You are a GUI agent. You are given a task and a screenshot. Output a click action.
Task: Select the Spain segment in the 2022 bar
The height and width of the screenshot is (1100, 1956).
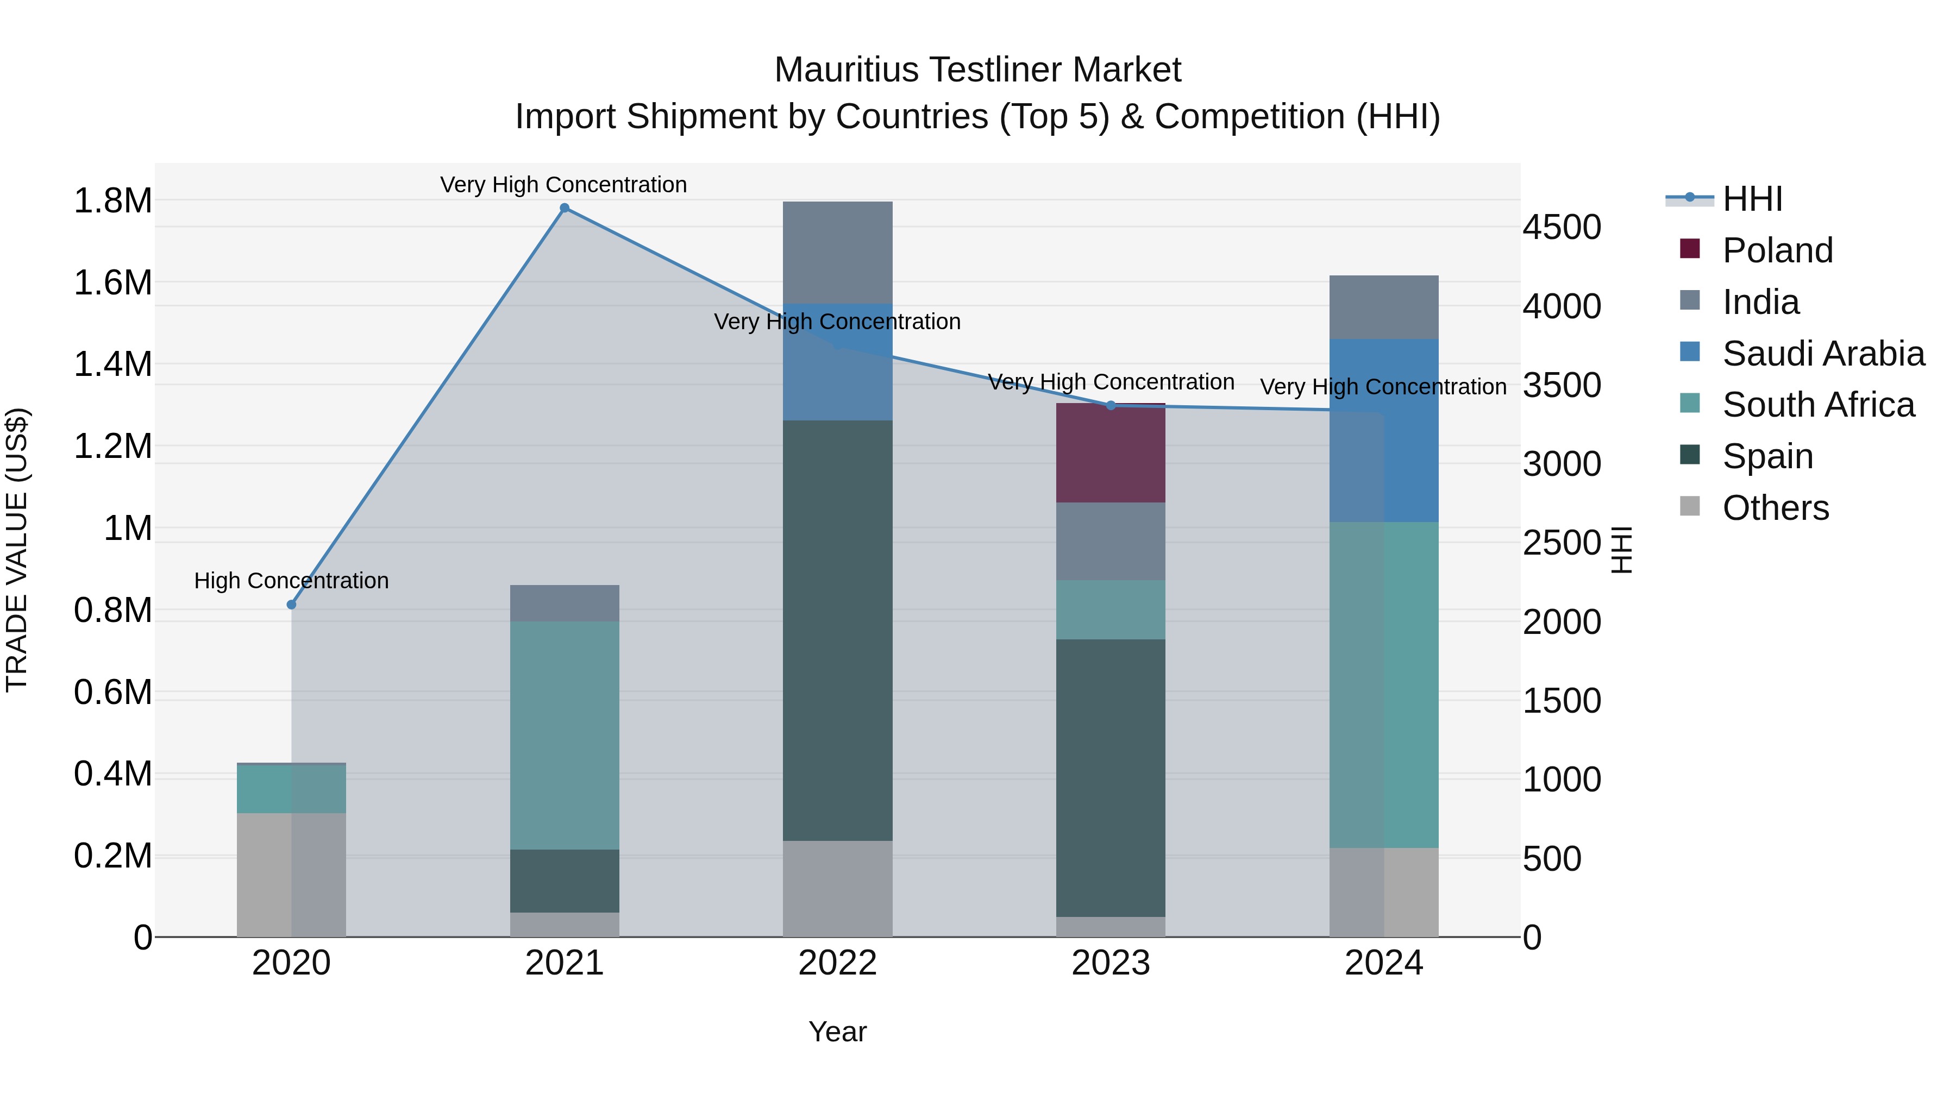point(837,630)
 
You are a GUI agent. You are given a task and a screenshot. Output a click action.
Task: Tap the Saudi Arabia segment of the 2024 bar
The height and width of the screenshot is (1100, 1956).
point(1383,430)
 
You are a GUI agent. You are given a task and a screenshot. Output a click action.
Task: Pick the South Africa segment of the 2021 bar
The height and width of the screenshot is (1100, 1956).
point(564,735)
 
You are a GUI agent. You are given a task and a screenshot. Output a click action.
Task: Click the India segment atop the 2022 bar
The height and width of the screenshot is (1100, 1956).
point(837,252)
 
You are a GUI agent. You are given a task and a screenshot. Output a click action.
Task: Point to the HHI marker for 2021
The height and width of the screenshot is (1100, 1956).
point(564,208)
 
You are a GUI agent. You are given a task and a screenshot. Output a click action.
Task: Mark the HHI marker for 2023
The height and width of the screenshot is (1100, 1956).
point(1110,405)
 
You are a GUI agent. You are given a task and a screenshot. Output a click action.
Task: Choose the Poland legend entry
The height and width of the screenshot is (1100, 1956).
point(1777,250)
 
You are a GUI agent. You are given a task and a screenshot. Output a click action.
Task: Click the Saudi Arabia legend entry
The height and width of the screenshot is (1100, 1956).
point(1822,354)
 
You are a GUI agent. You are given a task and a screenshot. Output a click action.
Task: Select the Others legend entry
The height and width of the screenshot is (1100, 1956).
point(1775,508)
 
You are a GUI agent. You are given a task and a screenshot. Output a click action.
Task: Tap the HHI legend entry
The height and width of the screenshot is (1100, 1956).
point(1752,199)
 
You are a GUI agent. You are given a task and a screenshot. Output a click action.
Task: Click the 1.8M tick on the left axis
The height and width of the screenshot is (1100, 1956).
point(113,201)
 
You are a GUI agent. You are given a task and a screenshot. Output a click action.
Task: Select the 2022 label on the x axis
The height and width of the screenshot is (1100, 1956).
point(837,963)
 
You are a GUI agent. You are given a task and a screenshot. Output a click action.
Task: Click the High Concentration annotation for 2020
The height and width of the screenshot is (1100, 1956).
point(292,581)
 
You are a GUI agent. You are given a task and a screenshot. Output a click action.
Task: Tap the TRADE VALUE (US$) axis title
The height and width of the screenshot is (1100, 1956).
point(17,550)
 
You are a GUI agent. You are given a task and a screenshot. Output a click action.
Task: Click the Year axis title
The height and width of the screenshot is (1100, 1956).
point(837,1032)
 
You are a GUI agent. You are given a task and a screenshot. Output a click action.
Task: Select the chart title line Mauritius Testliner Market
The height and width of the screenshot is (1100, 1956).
point(977,70)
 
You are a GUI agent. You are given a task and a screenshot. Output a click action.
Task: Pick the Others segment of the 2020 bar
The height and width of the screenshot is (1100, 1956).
point(292,875)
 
